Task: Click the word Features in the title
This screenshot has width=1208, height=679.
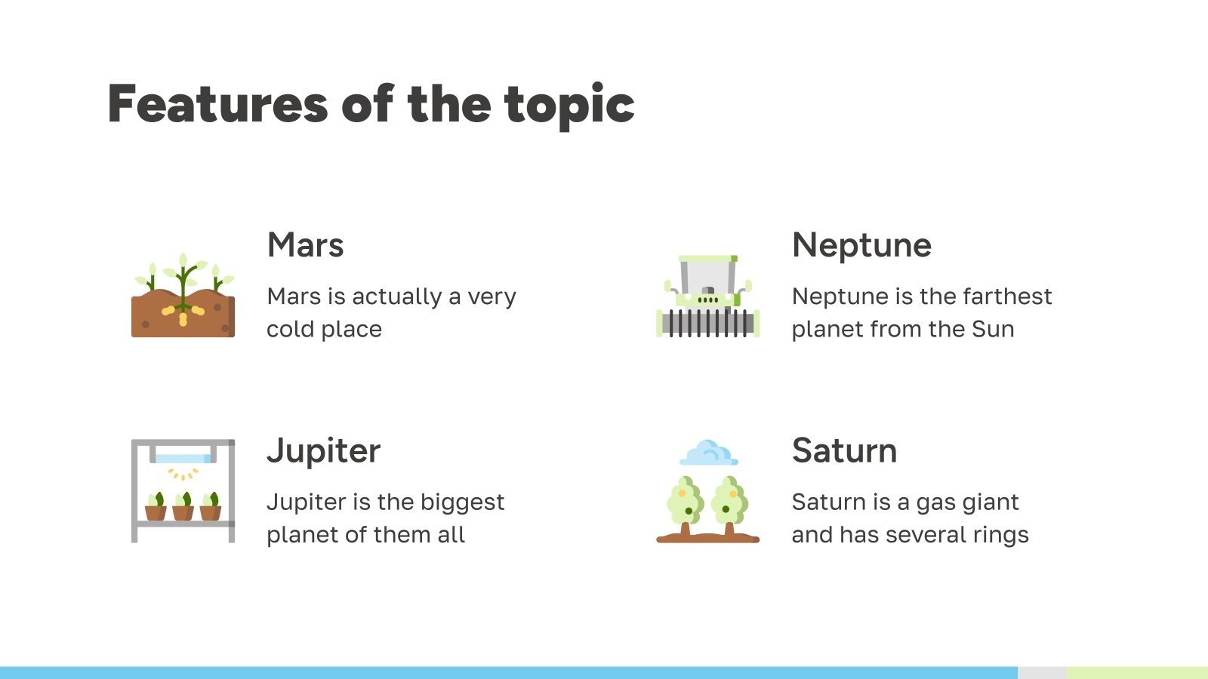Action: pos(217,104)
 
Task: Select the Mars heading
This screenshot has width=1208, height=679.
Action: pos(306,245)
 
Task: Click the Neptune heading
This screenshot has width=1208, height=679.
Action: pos(861,245)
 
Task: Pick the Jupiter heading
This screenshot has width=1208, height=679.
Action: pos(324,450)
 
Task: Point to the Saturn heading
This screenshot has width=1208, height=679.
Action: pos(844,450)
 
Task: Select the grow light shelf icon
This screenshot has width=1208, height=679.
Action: pos(183,490)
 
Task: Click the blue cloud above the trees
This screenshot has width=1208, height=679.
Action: pos(708,453)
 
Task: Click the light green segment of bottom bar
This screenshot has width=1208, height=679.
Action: pos(1137,672)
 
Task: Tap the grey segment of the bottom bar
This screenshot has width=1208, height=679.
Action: pos(1042,672)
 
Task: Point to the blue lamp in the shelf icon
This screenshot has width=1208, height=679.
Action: pos(183,458)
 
